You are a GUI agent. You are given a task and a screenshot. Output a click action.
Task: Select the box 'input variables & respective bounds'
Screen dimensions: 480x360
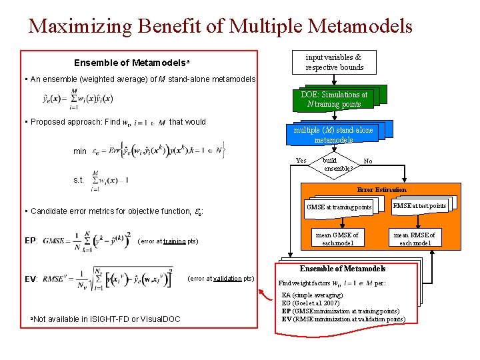[334, 63]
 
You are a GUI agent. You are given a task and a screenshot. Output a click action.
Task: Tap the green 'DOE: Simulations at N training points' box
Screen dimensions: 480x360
[334, 99]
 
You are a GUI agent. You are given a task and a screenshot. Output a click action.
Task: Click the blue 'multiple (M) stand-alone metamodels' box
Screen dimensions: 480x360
[334, 134]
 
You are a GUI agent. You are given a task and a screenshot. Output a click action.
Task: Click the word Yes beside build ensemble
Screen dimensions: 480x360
[301, 161]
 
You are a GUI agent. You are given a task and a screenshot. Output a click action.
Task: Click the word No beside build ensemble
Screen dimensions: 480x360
[368, 161]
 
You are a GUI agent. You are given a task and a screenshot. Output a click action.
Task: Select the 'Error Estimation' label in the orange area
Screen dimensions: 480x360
[381, 190]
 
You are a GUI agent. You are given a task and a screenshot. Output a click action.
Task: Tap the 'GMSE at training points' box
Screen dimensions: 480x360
[338, 207]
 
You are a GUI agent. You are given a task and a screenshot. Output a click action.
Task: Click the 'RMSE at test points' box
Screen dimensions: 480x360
[419, 206]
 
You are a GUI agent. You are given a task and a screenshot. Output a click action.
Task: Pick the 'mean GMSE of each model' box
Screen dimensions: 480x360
[337, 239]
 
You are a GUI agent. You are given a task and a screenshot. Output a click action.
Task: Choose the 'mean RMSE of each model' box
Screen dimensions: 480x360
[414, 239]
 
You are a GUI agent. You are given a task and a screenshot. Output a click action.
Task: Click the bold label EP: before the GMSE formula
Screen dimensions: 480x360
[31, 241]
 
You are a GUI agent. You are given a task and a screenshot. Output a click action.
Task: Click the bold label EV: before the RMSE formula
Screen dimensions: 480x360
[31, 279]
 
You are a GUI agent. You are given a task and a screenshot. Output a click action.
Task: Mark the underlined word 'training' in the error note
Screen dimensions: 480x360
[174, 241]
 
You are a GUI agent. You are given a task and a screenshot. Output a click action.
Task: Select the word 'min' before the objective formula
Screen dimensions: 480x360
[80, 151]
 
